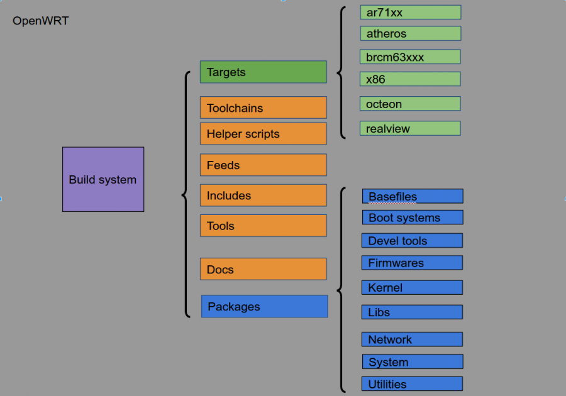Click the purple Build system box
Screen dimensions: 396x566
coord(103,179)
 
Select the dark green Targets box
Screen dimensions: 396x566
coord(264,72)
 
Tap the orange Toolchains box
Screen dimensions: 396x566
coord(264,107)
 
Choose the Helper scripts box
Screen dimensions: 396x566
coord(264,134)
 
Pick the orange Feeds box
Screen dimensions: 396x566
coord(264,165)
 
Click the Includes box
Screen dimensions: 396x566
coord(264,195)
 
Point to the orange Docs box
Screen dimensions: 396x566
coord(264,269)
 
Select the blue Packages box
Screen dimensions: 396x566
coord(264,306)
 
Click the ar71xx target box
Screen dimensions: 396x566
coord(410,13)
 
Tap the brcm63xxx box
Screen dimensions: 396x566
coord(410,57)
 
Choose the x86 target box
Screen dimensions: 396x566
coord(410,79)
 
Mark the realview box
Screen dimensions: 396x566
coord(410,128)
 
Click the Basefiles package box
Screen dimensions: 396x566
coord(413,196)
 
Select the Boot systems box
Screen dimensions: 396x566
coord(413,217)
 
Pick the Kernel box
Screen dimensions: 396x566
coord(412,287)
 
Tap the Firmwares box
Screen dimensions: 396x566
coord(412,263)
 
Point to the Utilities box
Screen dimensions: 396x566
coord(412,383)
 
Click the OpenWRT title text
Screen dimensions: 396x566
coord(40,21)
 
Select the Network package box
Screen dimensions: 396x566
coord(412,339)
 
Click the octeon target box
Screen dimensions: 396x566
coord(410,104)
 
